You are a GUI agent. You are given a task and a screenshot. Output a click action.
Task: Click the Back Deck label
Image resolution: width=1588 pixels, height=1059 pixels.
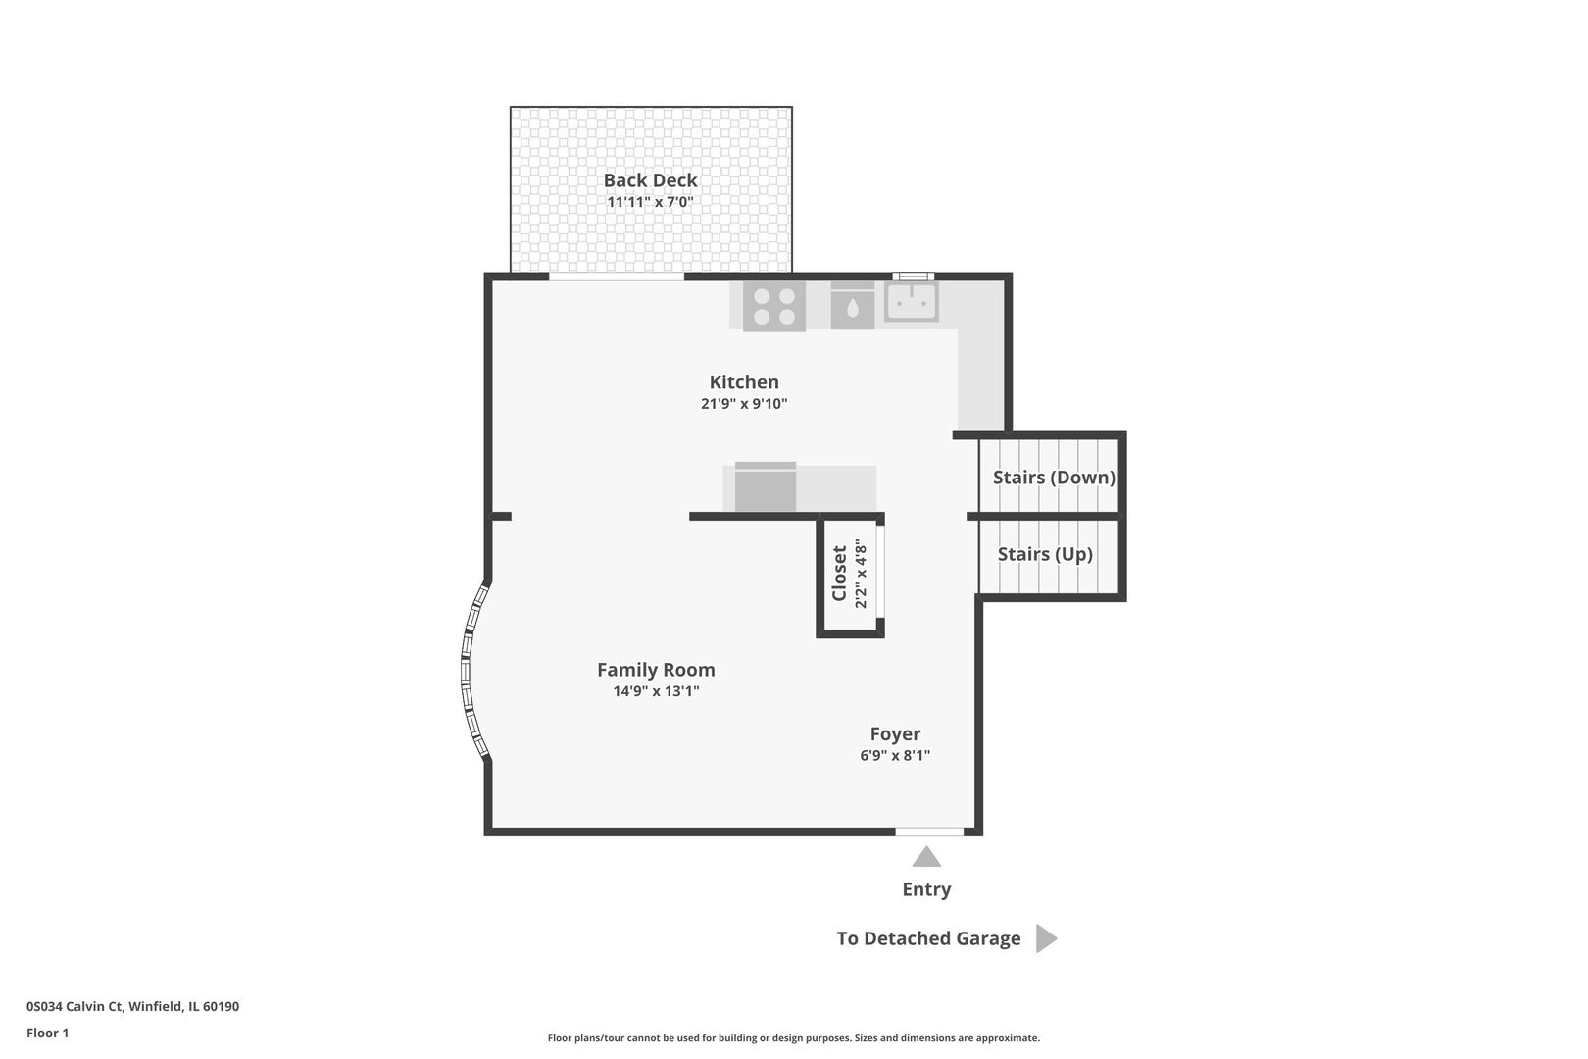click(x=650, y=180)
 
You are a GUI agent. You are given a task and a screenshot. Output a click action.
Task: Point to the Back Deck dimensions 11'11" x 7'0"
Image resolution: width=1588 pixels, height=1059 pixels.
click(x=650, y=202)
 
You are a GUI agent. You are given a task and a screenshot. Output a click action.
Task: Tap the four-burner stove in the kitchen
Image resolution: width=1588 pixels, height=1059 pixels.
click(x=774, y=306)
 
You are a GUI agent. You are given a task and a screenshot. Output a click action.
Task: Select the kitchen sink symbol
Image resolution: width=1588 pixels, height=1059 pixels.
click(x=912, y=302)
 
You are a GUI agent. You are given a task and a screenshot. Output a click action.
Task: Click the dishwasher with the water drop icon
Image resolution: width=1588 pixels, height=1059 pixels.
click(x=852, y=306)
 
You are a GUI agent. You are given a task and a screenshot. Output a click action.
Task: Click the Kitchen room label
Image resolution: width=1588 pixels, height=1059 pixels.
click(x=744, y=382)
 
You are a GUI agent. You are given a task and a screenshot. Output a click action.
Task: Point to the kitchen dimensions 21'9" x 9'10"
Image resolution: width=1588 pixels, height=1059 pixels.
click(x=744, y=404)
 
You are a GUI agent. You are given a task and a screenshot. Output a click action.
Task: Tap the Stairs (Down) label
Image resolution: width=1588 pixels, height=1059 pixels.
click(x=1054, y=478)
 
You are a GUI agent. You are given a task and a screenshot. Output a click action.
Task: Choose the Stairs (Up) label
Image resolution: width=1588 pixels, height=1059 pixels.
click(x=1045, y=554)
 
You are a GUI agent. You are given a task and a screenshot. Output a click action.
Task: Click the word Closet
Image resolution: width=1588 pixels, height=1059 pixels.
click(x=839, y=573)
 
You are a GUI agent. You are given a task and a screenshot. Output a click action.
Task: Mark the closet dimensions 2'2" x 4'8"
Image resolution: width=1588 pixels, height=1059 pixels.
click(x=861, y=573)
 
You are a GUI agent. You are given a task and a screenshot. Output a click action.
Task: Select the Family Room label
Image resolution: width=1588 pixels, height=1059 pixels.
click(x=656, y=670)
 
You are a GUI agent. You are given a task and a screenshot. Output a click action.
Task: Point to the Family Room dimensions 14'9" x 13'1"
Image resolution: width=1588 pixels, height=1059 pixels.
click(x=656, y=691)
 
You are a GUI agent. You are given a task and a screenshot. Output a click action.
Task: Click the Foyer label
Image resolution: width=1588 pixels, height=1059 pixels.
click(x=895, y=733)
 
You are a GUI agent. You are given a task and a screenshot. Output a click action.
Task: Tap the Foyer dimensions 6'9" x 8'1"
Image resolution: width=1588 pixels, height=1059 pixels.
click(x=895, y=755)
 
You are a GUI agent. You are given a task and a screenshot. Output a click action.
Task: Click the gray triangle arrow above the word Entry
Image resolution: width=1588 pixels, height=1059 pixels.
click(x=926, y=857)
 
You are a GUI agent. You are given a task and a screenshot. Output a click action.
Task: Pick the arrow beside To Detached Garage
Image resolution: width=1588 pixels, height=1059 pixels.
click(x=1046, y=938)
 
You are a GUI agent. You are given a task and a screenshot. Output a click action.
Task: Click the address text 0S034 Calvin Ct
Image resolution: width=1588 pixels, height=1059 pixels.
click(x=75, y=1006)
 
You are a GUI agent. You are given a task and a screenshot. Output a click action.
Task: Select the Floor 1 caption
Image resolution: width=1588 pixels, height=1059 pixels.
click(x=47, y=1033)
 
